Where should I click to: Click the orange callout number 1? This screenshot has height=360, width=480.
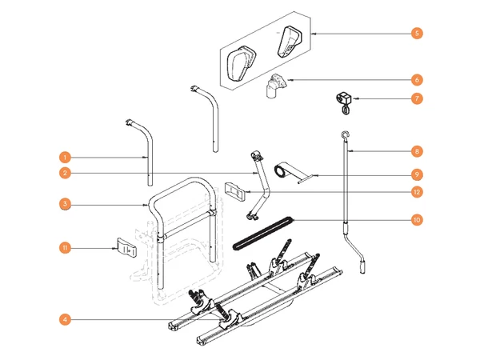[x=66, y=158]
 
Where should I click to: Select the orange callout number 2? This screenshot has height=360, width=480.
[x=66, y=174]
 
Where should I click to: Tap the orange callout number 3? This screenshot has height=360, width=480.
[x=66, y=205]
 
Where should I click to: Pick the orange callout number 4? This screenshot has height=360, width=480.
[x=66, y=320]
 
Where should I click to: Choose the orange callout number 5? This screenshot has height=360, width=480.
[x=417, y=34]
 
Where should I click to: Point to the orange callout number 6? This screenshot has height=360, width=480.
[x=417, y=80]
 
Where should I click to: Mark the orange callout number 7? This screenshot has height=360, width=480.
[x=417, y=98]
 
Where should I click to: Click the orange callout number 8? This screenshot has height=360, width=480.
[x=417, y=150]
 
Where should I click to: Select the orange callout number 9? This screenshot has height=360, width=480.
[x=417, y=174]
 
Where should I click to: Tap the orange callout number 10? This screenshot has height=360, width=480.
[x=417, y=219]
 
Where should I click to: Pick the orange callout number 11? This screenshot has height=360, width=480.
[x=66, y=248]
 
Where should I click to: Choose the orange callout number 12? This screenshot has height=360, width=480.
[x=417, y=192]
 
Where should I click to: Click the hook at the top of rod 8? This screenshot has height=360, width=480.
[x=345, y=135]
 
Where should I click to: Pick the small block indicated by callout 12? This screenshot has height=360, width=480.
[x=235, y=190]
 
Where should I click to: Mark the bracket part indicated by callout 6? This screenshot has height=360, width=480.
[x=276, y=85]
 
